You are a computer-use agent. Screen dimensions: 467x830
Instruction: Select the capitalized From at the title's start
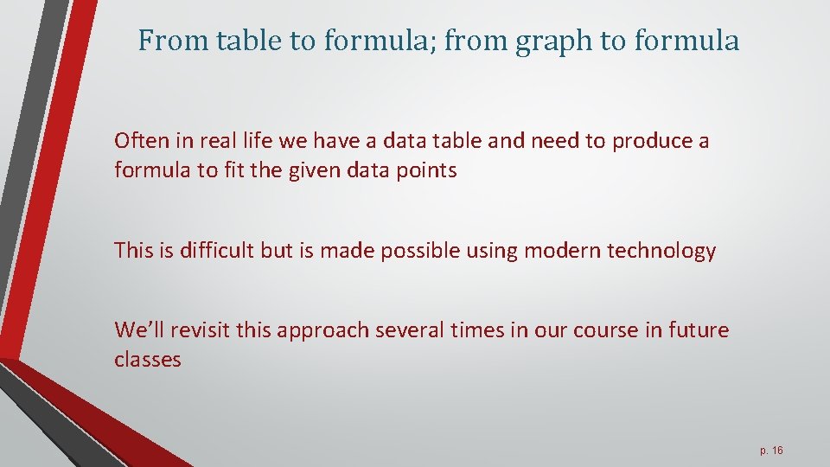click(168, 41)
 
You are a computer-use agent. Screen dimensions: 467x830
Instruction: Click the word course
click(581, 329)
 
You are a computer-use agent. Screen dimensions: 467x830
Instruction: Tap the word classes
click(148, 359)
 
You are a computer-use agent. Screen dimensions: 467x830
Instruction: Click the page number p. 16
click(771, 451)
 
